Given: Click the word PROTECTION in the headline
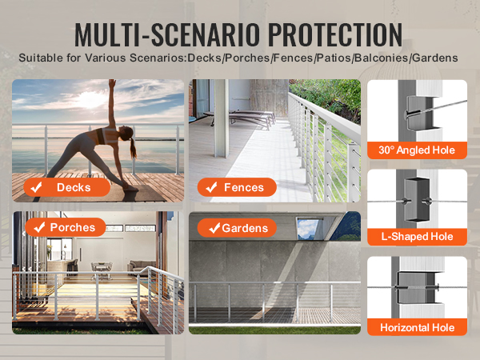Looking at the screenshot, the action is click(x=335, y=34).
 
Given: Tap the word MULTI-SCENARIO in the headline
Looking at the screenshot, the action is click(x=167, y=34).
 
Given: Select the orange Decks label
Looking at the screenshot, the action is click(x=66, y=187).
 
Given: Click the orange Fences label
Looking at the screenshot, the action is click(x=237, y=187).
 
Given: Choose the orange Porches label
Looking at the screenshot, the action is click(x=66, y=227).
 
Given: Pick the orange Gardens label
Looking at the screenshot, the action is click(x=237, y=228).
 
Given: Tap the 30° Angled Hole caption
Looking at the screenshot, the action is click(x=417, y=150).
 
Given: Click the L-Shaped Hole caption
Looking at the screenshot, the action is click(x=417, y=237).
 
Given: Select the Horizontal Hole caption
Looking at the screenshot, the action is click(x=417, y=327).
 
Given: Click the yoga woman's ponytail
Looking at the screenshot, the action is click(x=133, y=147).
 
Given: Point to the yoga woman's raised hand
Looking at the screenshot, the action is click(x=112, y=82).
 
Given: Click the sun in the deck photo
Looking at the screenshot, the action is click(x=90, y=99).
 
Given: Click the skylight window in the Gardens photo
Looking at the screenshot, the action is click(x=309, y=228).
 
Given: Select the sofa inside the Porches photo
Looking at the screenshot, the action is click(x=142, y=265).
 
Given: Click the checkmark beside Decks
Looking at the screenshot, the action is click(x=37, y=187).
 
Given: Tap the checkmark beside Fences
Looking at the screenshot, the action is click(x=211, y=187).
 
